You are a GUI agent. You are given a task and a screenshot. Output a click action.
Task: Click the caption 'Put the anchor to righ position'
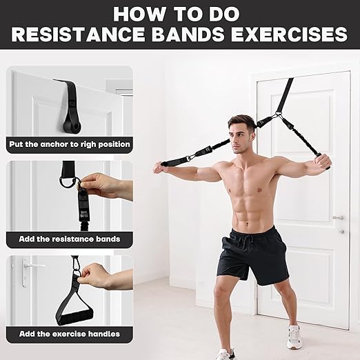click(x=69, y=145)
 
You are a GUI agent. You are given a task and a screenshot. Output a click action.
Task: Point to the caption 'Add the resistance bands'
click(x=69, y=239)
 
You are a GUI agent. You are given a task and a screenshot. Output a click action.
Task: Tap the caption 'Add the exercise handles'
click(x=69, y=334)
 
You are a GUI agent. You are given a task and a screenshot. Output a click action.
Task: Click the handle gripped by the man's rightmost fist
click(x=324, y=161)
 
